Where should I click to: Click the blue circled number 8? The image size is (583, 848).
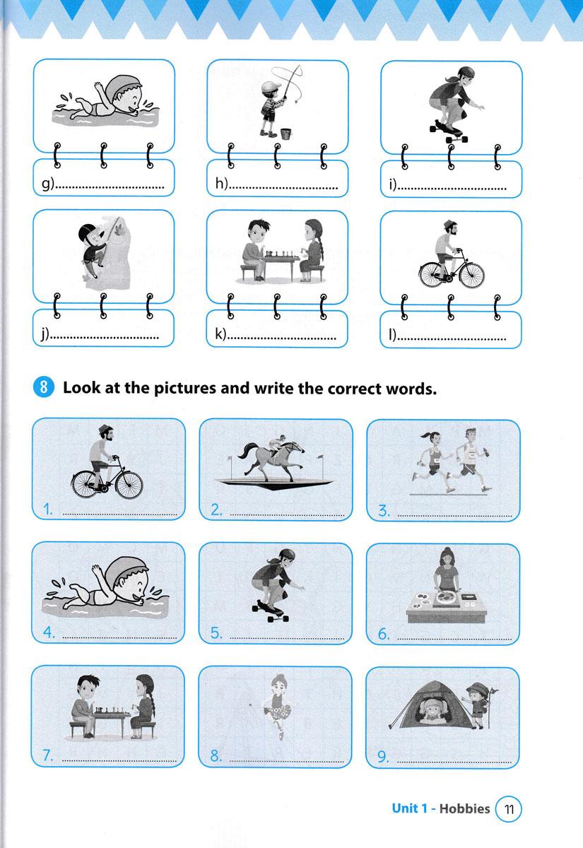[44, 387]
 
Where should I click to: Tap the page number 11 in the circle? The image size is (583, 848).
[509, 809]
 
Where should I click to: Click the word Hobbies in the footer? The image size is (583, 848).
[464, 808]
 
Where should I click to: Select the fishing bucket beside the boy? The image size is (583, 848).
[286, 134]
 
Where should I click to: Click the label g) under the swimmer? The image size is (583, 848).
[48, 184]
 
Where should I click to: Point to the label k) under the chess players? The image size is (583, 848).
[220, 333]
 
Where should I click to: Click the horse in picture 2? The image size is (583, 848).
[271, 458]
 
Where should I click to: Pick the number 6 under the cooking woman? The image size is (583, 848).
[383, 633]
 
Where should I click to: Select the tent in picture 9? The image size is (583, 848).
[432, 705]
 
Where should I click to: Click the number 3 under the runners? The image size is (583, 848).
[383, 510]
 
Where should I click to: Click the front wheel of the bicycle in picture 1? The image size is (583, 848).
[129, 485]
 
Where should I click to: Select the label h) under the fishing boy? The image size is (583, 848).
[221, 184]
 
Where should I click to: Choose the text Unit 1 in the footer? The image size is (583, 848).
[410, 808]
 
